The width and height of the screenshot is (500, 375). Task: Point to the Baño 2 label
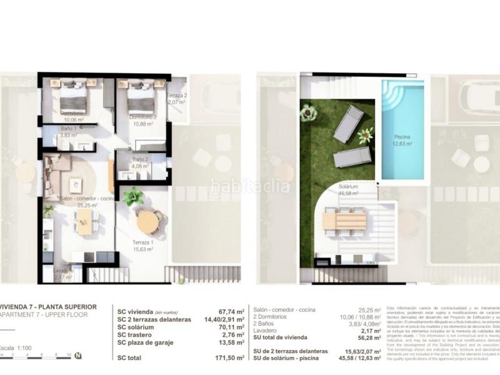tap(139, 159)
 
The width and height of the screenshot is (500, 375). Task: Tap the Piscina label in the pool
tap(402, 137)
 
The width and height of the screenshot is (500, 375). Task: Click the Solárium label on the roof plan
tap(348, 187)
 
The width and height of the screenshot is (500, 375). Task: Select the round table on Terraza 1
tap(148, 222)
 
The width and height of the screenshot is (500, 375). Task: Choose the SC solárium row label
tap(138, 326)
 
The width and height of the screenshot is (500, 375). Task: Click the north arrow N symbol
tap(77, 356)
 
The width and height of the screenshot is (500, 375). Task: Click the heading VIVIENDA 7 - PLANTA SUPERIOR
tap(48, 307)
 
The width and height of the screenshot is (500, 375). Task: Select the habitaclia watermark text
tap(250, 186)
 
